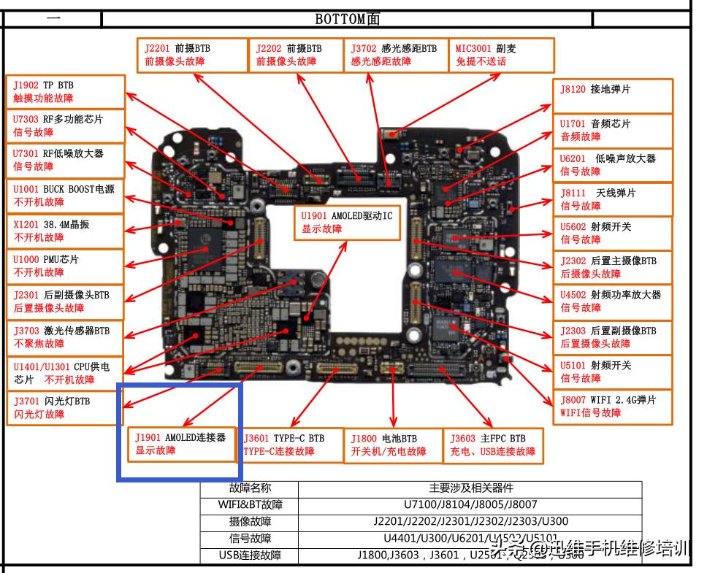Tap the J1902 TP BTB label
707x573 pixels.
pyautogui.click(x=65, y=91)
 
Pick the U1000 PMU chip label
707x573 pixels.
pyautogui.click(x=65, y=266)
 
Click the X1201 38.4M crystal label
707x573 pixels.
pyautogui.click(x=65, y=231)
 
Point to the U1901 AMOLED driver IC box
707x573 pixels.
pyautogui.click(x=348, y=222)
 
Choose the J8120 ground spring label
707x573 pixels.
pyautogui.click(x=612, y=96)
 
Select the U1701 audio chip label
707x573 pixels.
pyautogui.click(x=612, y=130)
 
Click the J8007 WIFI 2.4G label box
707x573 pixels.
pyautogui.click(x=612, y=406)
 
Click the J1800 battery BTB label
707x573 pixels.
pyautogui.click(x=392, y=445)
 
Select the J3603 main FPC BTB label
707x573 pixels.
pyautogui.click(x=493, y=445)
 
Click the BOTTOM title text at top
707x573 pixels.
pyautogui.click(x=347, y=19)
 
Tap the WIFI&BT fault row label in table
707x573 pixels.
pyautogui.click(x=250, y=504)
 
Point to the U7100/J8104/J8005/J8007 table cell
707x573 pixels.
pyautogui.click(x=470, y=504)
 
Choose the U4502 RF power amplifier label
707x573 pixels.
pyautogui.click(x=612, y=301)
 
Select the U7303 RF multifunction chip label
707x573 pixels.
pyautogui.click(x=65, y=126)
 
